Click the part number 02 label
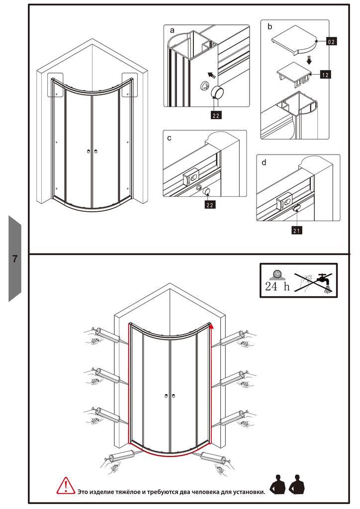coord(332,42)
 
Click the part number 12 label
coord(325,75)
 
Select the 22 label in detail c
coord(210,205)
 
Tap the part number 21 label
coord(297,230)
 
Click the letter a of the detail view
coord(173,30)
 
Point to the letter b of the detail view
coord(270,27)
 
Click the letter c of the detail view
coord(170,138)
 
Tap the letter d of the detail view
coord(264,162)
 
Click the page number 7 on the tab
coord(15,258)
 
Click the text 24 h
coord(277,287)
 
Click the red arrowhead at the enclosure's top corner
coord(210,326)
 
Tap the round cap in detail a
coord(217,93)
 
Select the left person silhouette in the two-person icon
coord(278,485)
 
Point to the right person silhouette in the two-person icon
coord(297,485)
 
